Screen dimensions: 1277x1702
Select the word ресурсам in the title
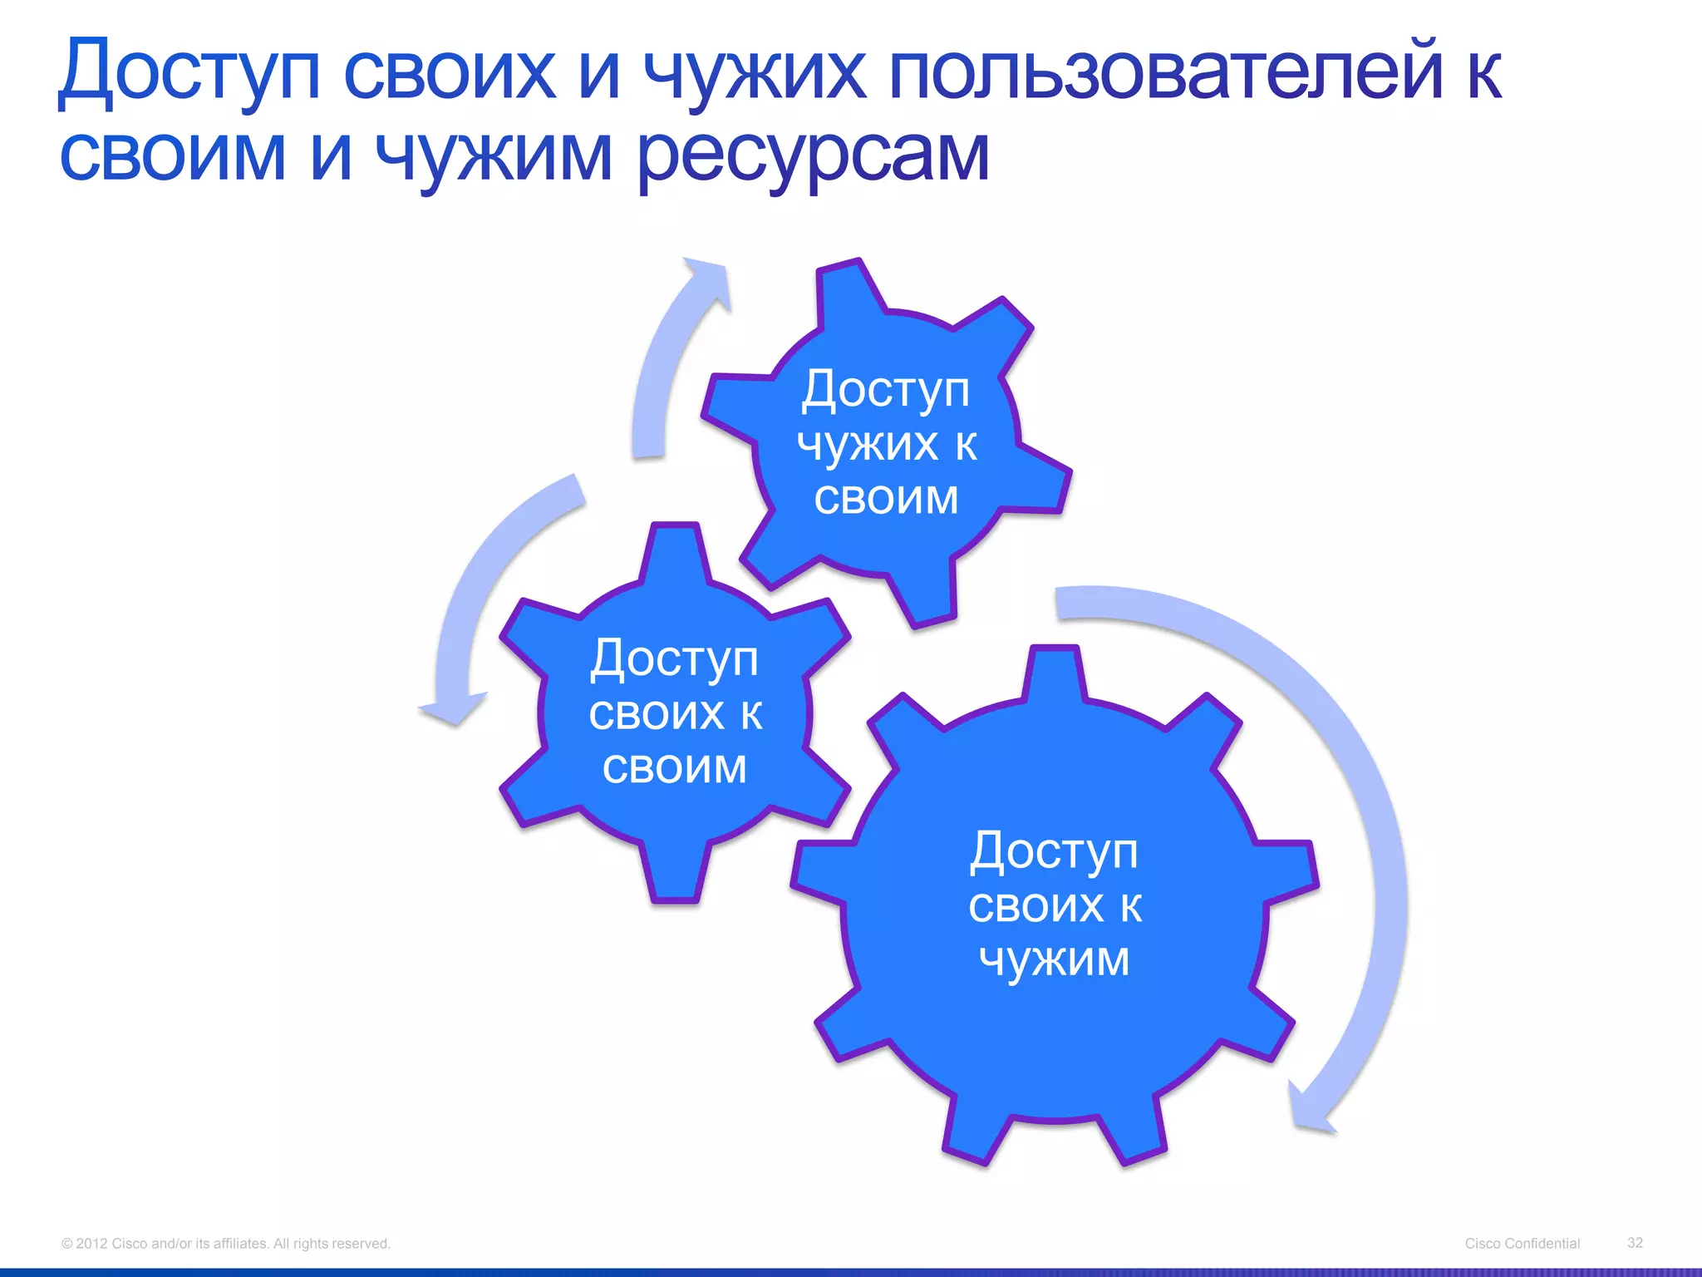(814, 156)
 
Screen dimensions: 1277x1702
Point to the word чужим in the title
(494, 156)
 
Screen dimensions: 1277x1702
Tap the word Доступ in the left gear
(674, 658)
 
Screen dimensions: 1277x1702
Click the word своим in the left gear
(674, 767)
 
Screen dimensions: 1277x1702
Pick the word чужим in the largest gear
(1054, 959)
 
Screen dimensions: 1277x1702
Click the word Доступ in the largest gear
(1054, 851)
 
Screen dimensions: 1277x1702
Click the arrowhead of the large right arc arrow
(1309, 1110)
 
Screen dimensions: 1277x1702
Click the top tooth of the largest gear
(1054, 673)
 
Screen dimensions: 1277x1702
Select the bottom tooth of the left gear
(675, 873)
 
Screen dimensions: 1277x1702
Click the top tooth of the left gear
(675, 553)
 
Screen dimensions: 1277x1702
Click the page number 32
(1635, 1242)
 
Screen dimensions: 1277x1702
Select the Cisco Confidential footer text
(1522, 1243)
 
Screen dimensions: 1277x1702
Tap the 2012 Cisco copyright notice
(225, 1243)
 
